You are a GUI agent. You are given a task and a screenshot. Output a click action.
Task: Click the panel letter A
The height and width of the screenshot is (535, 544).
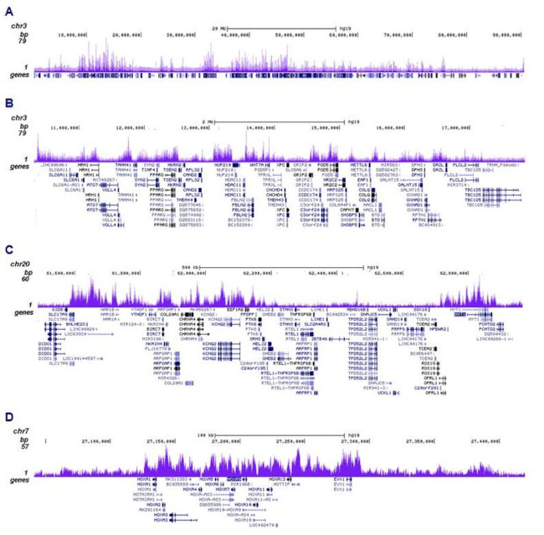pyautogui.click(x=8, y=10)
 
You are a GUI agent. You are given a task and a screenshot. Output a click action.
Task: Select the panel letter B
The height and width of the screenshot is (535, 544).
pyautogui.click(x=8, y=103)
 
